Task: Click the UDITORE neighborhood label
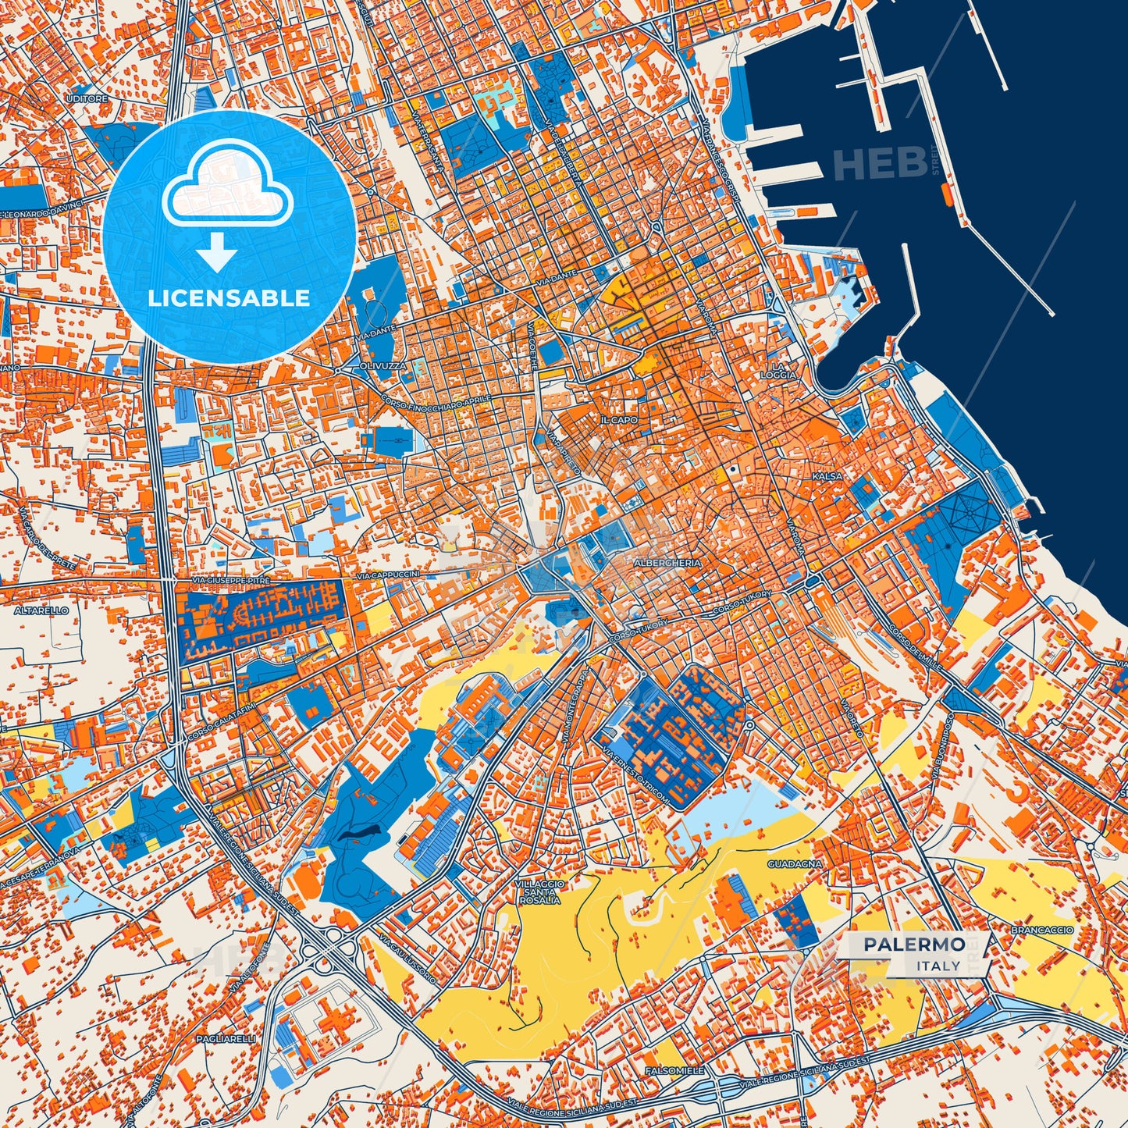[x=87, y=99]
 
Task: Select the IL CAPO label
[x=619, y=420]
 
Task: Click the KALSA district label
[x=827, y=476]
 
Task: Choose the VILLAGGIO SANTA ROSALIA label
[x=539, y=891]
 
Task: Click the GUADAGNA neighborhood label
[x=795, y=864]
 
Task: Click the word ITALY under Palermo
[x=939, y=966]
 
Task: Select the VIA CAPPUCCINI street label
[x=388, y=575]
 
